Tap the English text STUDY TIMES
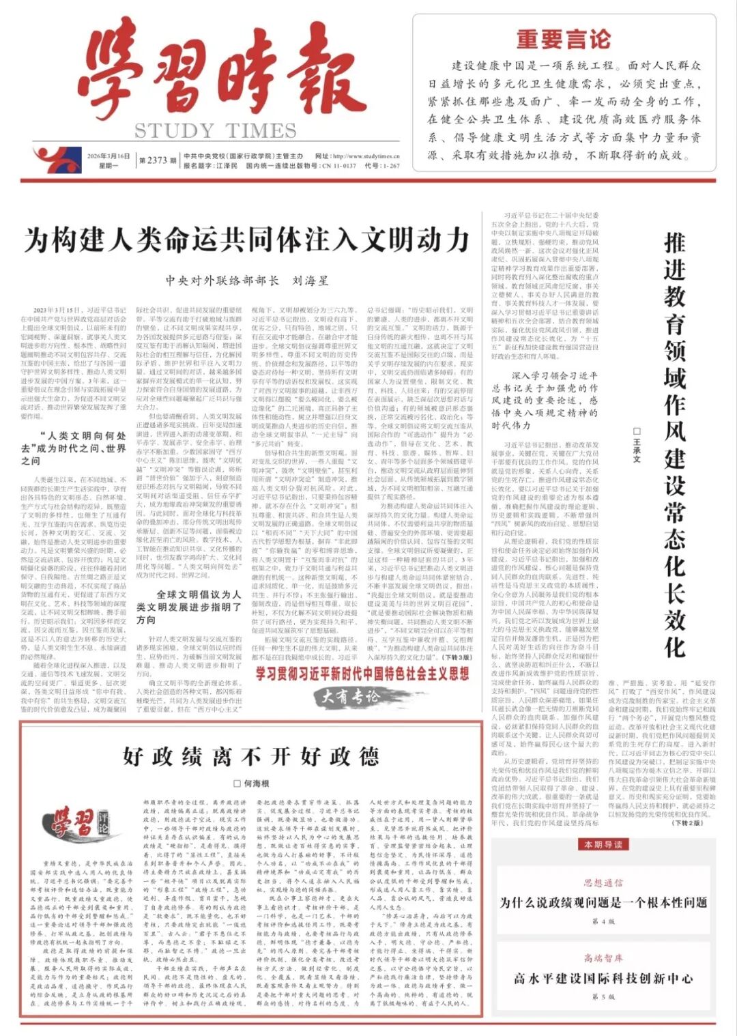(x=215, y=130)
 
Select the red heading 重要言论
(x=563, y=40)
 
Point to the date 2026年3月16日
(x=109, y=156)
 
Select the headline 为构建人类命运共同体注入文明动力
(x=247, y=240)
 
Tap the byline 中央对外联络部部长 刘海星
(x=247, y=280)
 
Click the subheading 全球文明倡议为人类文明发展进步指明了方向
(x=188, y=607)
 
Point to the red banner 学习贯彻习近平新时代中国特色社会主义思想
(x=362, y=674)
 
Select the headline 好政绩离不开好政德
(x=251, y=756)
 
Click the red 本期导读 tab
(x=603, y=844)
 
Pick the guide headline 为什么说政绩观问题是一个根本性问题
(x=603, y=902)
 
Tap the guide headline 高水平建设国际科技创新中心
(x=603, y=978)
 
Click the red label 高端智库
(x=603, y=958)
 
